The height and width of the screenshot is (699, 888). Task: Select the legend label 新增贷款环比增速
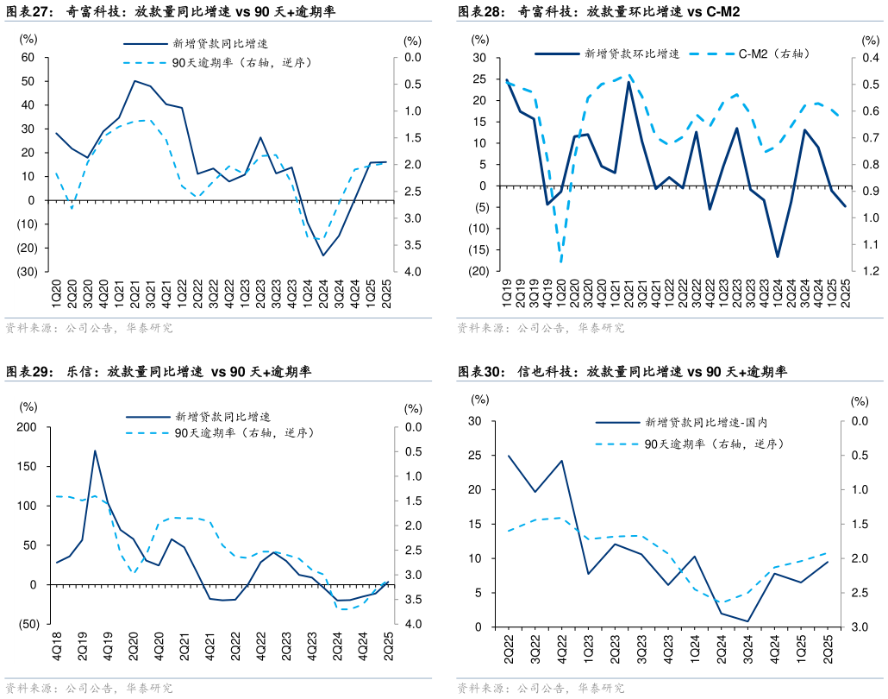tap(632, 54)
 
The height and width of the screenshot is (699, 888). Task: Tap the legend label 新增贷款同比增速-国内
tap(705, 423)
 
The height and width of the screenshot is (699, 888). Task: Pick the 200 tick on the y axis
tap(28, 427)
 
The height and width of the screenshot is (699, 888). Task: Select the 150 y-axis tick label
tap(28, 467)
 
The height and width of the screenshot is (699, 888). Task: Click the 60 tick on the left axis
tap(28, 58)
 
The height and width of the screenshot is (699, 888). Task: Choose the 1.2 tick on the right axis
tap(868, 272)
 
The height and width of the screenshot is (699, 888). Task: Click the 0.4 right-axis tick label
tap(868, 58)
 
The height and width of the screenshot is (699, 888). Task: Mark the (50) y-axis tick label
tap(27, 624)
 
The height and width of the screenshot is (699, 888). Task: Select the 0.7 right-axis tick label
tap(868, 138)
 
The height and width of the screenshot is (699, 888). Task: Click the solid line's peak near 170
tap(95, 450)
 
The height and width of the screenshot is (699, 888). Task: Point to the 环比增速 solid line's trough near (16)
tap(777, 256)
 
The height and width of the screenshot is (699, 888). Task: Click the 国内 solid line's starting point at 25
tap(509, 456)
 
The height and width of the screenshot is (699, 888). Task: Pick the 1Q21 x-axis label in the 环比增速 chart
tap(614, 293)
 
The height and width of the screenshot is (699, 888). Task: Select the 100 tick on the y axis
tap(28, 506)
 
